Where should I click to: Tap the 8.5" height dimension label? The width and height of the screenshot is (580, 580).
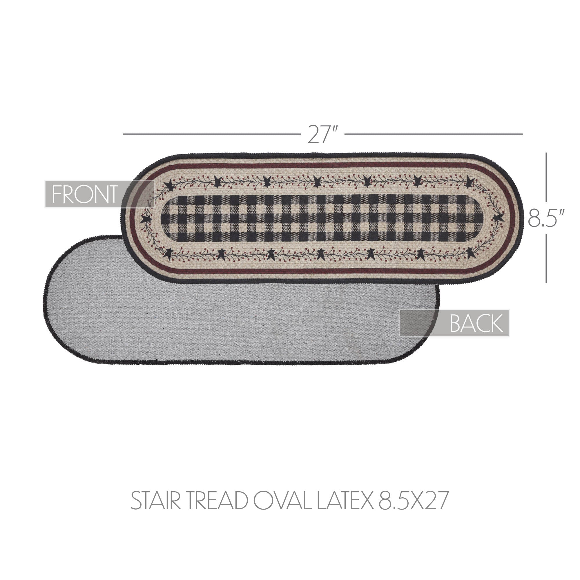(x=546, y=218)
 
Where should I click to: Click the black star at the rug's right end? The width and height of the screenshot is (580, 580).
(x=498, y=217)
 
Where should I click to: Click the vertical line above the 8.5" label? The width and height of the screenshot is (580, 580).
(x=546, y=177)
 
